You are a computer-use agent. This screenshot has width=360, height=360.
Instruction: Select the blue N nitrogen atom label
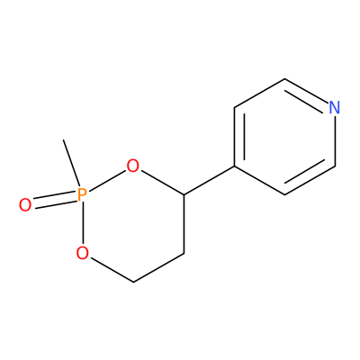335,107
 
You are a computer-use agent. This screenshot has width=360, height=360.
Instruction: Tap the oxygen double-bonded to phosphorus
25,205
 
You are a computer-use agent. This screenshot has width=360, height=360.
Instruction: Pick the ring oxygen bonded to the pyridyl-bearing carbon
133,166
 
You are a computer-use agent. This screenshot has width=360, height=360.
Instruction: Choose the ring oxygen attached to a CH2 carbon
83,253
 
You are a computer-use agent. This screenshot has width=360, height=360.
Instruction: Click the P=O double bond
53,200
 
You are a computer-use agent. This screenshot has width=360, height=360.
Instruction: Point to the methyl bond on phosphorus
71,163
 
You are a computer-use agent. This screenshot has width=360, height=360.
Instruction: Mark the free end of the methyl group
63,139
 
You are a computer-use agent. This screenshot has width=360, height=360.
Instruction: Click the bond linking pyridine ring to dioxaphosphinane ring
209,180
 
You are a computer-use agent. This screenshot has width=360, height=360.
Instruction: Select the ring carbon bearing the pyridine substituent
184,195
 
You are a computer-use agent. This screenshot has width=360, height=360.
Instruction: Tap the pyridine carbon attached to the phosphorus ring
235,166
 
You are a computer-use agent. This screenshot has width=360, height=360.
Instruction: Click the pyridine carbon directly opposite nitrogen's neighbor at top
284,194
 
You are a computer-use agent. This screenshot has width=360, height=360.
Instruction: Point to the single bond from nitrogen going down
335,140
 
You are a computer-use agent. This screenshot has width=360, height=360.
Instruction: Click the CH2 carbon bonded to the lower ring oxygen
133,282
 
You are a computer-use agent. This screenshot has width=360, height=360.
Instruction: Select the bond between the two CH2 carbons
158,268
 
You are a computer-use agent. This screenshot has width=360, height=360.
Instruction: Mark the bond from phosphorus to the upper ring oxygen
107,180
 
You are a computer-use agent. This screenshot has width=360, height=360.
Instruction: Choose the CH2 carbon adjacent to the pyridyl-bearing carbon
184,254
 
